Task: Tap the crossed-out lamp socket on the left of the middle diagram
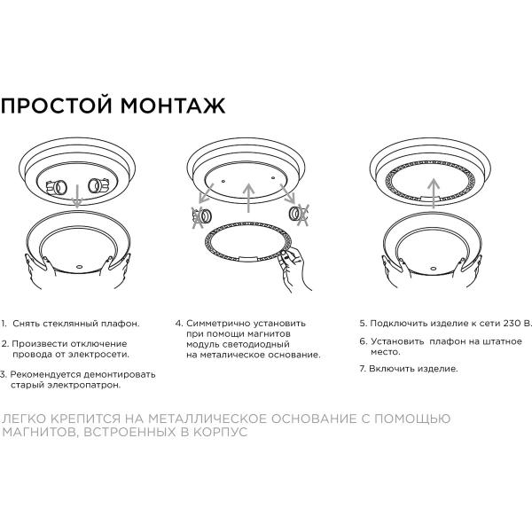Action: (201, 215)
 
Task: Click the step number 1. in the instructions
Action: (4, 325)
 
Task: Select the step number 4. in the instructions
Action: (178, 325)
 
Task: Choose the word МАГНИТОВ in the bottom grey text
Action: (35, 433)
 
